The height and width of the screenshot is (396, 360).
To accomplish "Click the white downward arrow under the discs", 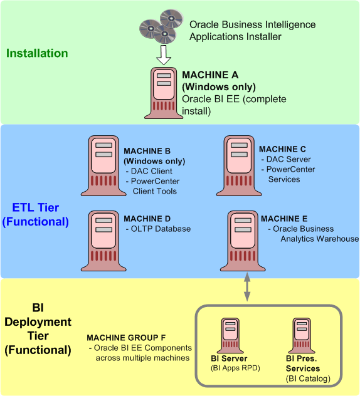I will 164,54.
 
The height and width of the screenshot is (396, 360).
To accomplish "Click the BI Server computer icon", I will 231,336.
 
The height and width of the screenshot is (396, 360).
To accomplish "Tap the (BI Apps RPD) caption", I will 235,368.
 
